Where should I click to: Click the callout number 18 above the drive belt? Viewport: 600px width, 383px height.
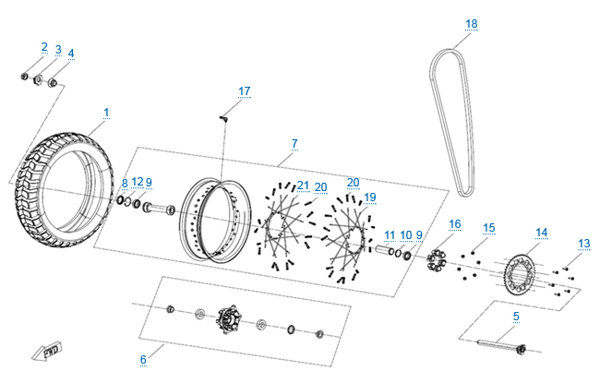click(x=472, y=24)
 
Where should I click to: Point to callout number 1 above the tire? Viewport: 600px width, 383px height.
click(x=106, y=113)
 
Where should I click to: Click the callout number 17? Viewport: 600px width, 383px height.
click(x=244, y=90)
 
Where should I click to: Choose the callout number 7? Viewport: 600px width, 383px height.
click(x=294, y=144)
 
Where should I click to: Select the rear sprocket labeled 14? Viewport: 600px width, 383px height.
click(x=521, y=273)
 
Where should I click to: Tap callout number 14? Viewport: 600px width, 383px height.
click(x=541, y=232)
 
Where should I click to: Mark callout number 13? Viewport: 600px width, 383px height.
click(x=583, y=244)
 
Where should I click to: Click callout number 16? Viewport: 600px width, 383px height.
click(x=454, y=224)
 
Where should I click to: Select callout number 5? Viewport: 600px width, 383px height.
click(x=515, y=317)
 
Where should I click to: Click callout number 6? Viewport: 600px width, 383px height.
click(x=143, y=359)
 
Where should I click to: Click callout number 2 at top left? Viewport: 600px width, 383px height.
click(x=43, y=47)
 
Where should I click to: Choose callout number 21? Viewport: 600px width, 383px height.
click(x=303, y=186)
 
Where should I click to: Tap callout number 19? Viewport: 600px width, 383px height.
click(x=369, y=197)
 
